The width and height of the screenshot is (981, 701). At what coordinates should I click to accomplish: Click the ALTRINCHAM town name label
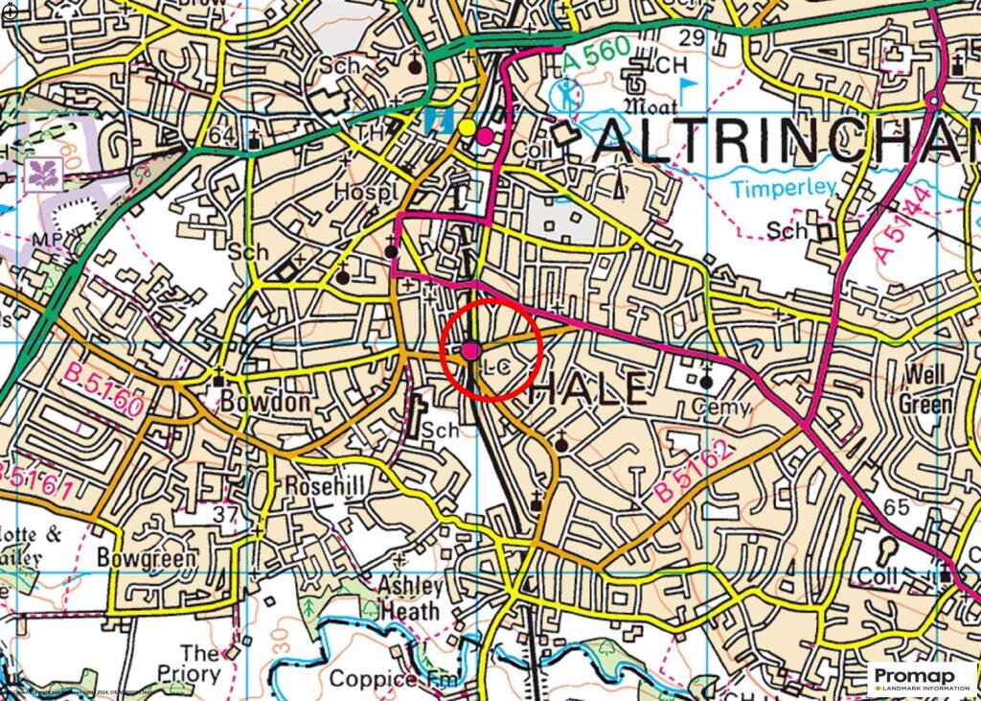[x=786, y=144]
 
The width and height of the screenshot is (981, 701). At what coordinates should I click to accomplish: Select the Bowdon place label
[x=265, y=402]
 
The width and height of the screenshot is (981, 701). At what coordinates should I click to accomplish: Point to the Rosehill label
[x=326, y=487]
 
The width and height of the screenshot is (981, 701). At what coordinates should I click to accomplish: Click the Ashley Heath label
[x=411, y=598]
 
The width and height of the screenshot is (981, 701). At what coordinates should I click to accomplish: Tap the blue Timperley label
[x=785, y=188]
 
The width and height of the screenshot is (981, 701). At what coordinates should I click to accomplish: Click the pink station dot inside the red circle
[x=470, y=351]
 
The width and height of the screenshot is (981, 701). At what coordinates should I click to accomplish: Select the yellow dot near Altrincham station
[x=467, y=127]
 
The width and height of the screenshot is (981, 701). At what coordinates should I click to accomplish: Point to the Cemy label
[x=723, y=408]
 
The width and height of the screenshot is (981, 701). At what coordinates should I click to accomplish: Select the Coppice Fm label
[x=387, y=679]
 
